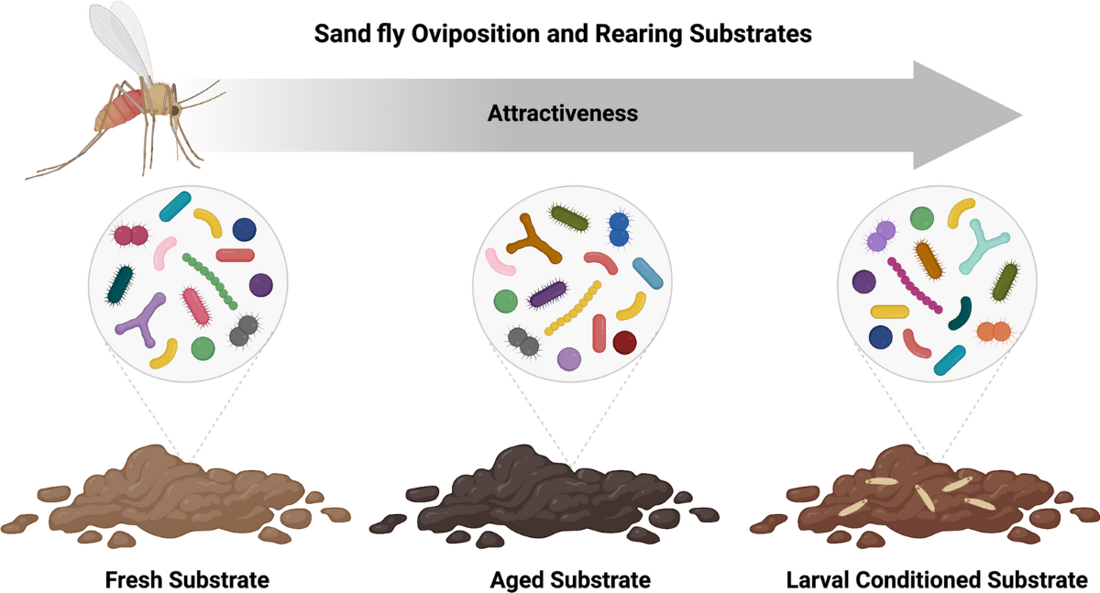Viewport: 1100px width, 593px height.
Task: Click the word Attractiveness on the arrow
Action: [x=563, y=115]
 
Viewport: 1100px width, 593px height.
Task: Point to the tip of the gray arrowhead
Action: [x=1020, y=116]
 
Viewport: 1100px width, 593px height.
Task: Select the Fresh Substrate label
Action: [x=187, y=580]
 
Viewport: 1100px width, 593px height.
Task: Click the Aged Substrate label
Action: [x=570, y=580]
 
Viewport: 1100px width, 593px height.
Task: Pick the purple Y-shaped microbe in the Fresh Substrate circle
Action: [x=141, y=317]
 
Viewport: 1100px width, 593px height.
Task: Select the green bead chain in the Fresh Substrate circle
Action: [x=210, y=280]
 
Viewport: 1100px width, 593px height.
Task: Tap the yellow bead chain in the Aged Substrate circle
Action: [x=573, y=308]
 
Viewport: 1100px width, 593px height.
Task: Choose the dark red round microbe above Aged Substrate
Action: [x=624, y=343]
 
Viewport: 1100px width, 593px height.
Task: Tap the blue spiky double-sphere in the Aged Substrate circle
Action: [x=619, y=230]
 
